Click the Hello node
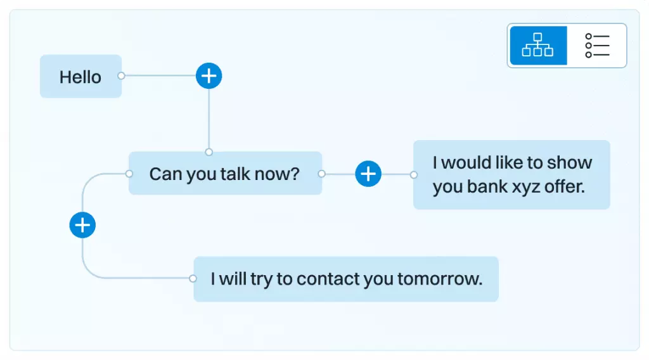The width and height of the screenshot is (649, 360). (80, 76)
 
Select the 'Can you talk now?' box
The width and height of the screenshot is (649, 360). (225, 174)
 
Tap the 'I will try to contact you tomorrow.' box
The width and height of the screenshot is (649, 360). (346, 279)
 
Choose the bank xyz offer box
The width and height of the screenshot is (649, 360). (511, 175)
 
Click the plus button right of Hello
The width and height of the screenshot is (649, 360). (209, 75)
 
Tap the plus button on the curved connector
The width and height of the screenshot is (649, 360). (82, 225)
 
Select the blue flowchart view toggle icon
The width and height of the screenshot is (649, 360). (538, 45)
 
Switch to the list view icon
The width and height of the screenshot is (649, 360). (597, 45)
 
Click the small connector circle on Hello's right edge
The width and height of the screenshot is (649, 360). (121, 75)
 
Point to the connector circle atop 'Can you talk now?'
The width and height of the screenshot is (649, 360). (209, 152)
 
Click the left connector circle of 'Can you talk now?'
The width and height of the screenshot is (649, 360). (129, 174)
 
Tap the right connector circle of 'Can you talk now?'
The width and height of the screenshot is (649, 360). (321, 174)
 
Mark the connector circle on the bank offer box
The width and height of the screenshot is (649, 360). (413, 175)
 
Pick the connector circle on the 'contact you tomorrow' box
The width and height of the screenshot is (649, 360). (193, 278)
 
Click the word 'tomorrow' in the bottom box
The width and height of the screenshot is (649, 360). (440, 279)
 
